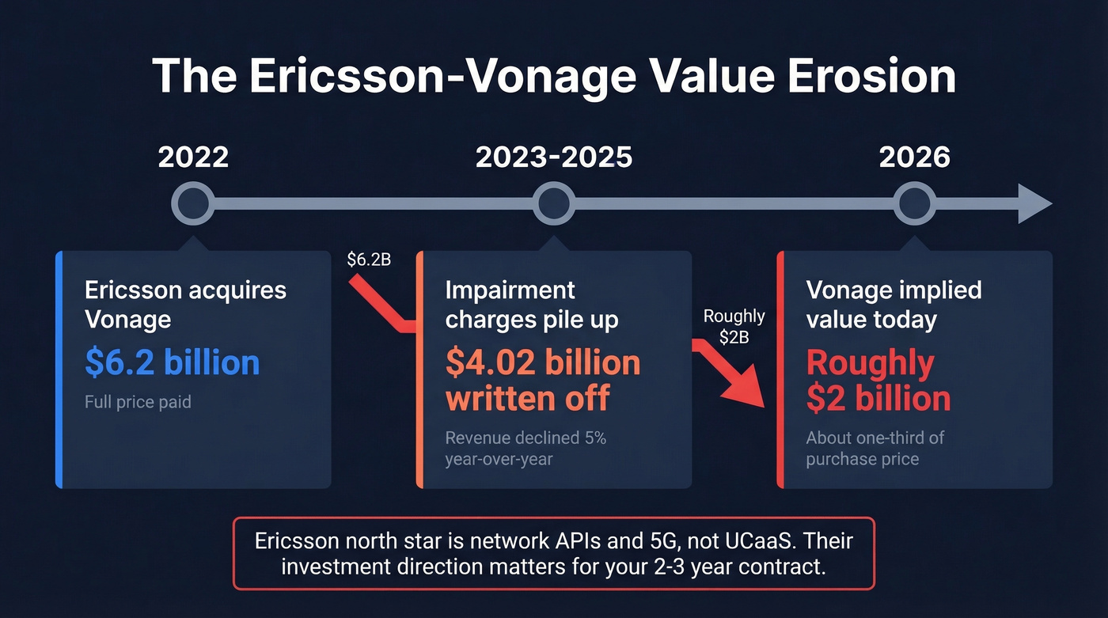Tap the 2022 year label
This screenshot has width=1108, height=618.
193,157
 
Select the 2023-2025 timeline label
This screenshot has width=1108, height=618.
554,157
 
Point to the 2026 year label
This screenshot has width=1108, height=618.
915,157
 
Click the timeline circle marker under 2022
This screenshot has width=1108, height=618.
193,204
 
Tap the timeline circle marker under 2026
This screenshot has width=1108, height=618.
915,204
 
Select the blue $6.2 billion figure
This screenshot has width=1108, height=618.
173,362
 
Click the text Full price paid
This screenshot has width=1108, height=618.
138,402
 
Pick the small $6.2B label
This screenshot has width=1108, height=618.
369,259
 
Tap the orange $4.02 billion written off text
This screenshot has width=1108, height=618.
543,380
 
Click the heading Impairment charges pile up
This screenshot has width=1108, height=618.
532,305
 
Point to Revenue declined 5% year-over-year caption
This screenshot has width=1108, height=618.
526,448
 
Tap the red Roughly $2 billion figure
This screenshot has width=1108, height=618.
878,381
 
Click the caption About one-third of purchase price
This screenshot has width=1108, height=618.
875,448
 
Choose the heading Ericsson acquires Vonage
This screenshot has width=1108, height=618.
185,305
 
